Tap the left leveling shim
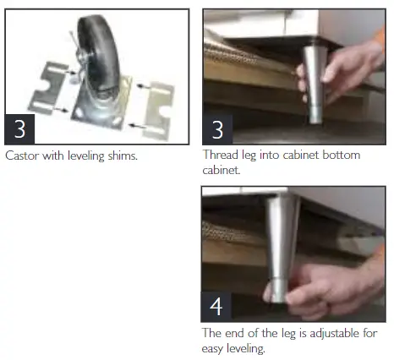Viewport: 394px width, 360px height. pyautogui.click(x=52, y=85)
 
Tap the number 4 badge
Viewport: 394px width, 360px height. pyautogui.click(x=218, y=305)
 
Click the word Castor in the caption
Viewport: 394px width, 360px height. pyautogui.click(x=21, y=155)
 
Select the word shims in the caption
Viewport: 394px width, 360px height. pyautogui.click(x=123, y=155)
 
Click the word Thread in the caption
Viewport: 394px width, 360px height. pyautogui.click(x=219, y=155)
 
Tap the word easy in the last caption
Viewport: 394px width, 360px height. pyautogui.click(x=215, y=346)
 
